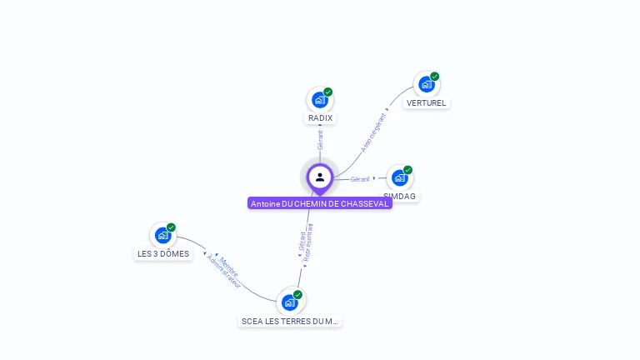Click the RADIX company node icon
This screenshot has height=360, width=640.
319,100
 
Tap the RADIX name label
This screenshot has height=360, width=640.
320,118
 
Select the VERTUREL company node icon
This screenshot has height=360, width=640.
426,84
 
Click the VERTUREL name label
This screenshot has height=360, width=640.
427,103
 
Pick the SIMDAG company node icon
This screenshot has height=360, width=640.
400,177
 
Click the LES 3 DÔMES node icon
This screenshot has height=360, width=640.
162,235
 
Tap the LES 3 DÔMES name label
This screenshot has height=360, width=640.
163,254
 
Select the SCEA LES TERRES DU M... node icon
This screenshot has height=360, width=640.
289,302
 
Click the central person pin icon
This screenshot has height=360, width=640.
320,177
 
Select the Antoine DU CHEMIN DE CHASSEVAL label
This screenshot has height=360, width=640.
320,203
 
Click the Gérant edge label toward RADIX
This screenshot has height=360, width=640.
320,140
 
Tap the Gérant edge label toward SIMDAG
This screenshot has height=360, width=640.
360,179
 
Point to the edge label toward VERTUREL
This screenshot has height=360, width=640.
374,132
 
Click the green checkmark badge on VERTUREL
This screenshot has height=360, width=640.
434,77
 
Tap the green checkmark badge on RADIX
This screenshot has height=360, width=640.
327,92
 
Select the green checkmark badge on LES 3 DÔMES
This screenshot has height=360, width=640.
171,227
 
